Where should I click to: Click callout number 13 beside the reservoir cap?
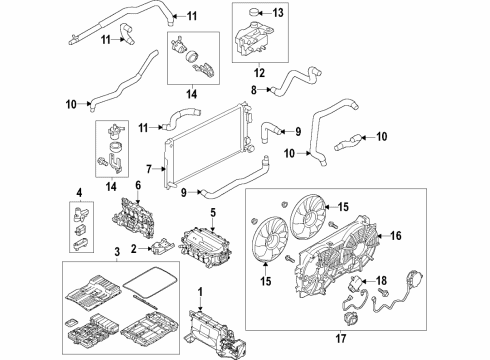tap(278, 12)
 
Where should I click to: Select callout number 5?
tap(213, 212)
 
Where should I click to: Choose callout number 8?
tap(254, 90)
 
